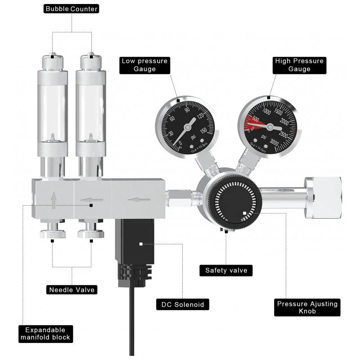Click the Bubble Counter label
(x=72, y=9)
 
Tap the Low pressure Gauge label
(x=144, y=65)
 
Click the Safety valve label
(x=226, y=270)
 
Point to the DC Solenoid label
(x=183, y=305)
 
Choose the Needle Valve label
(x=72, y=290)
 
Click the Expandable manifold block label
(x=45, y=333)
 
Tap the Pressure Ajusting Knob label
(x=307, y=308)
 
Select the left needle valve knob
(x=53, y=234)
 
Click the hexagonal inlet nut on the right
(x=322, y=198)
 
